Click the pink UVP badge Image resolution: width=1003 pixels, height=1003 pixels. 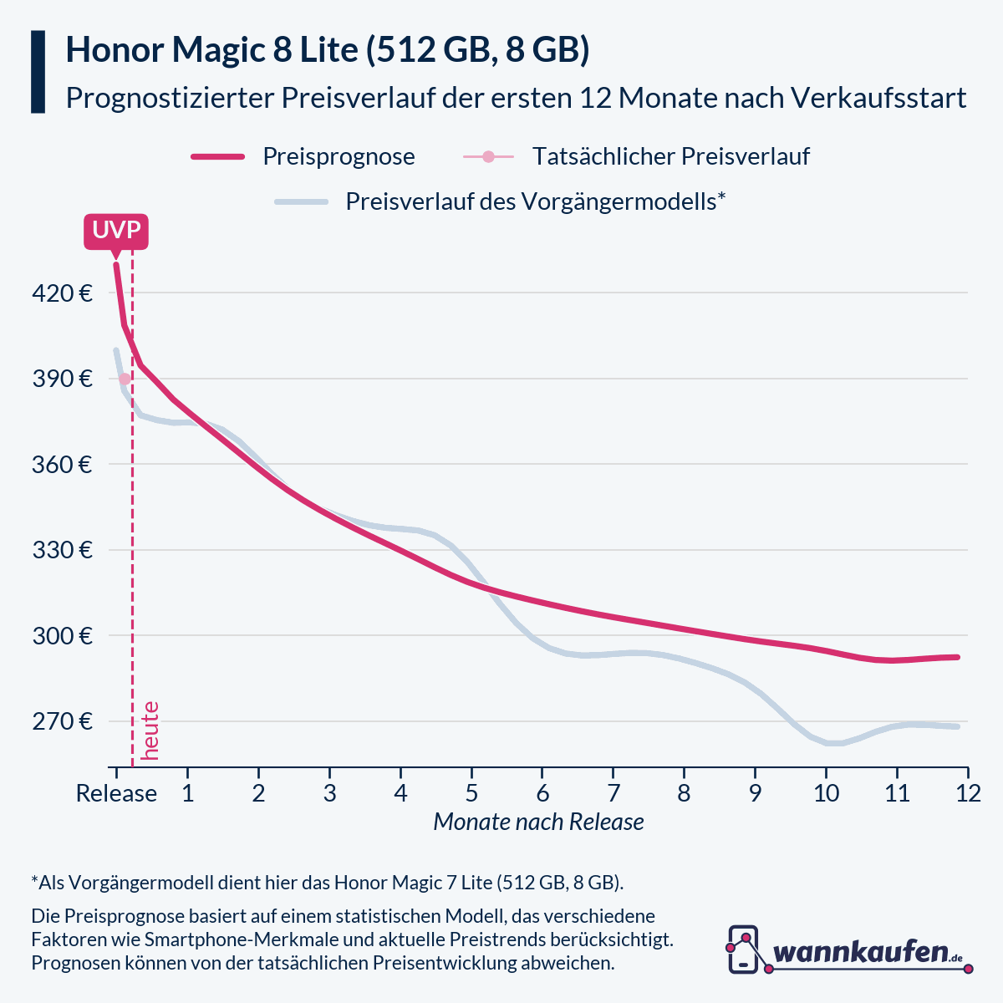click(x=116, y=231)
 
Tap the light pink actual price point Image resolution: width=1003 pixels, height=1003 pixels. click(x=125, y=379)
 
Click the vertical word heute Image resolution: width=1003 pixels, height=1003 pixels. click(x=150, y=731)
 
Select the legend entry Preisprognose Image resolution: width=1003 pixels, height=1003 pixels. click(x=339, y=156)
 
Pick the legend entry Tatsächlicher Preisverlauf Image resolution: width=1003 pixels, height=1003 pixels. click(x=670, y=156)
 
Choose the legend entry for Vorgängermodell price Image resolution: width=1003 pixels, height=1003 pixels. click(x=535, y=201)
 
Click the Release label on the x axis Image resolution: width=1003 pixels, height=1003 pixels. click(x=116, y=793)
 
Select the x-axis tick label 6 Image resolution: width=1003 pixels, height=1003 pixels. click(x=542, y=793)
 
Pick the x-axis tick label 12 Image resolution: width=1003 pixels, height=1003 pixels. click(x=968, y=793)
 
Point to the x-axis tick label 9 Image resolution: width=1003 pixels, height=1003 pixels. click(x=755, y=793)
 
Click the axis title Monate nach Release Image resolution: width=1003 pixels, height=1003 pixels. click(x=538, y=822)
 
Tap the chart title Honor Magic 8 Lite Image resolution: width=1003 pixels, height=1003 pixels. click(x=328, y=50)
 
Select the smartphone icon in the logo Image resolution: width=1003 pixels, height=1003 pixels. click(x=743, y=950)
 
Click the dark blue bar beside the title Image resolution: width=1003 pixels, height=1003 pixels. click(x=38, y=72)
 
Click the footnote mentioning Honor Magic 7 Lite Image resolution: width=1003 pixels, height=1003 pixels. click(x=328, y=883)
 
